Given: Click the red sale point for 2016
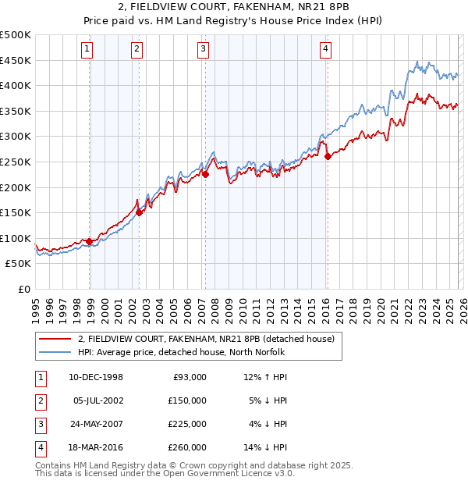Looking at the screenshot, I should [x=328, y=156].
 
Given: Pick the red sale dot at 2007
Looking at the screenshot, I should [x=206, y=174].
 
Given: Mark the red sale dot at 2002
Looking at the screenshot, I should [x=139, y=212].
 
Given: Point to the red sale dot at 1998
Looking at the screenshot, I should [x=90, y=241].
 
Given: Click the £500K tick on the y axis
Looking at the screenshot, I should [x=16, y=35].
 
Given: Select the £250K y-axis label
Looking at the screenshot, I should [x=16, y=162].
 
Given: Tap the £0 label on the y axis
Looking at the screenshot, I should [x=23, y=290].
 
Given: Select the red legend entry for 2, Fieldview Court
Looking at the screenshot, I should [x=206, y=339].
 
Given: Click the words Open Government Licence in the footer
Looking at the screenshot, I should [x=233, y=473].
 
